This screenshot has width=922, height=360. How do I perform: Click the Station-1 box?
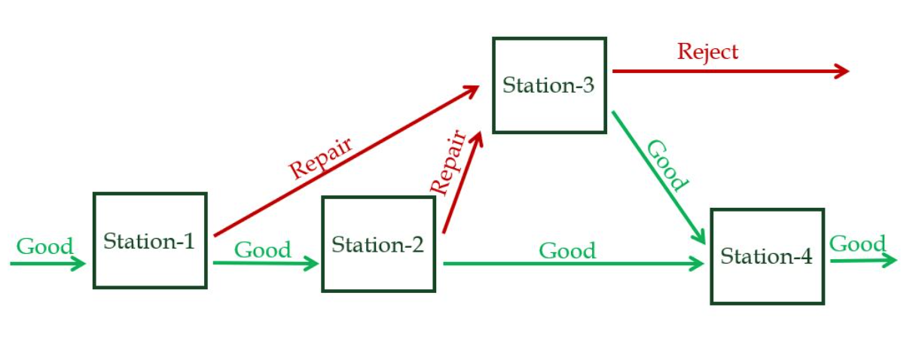tap(150, 240)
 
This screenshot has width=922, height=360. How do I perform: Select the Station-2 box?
tap(378, 244)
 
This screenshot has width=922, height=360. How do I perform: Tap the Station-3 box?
tap(549, 85)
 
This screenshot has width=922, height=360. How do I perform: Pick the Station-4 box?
tap(767, 256)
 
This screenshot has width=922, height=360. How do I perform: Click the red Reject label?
tap(707, 52)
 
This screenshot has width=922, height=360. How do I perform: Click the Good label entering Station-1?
tap(45, 246)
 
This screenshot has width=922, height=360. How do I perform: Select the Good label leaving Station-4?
tap(857, 244)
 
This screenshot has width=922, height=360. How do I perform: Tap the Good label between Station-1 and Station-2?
tap(263, 250)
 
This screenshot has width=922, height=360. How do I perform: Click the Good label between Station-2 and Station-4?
tap(567, 251)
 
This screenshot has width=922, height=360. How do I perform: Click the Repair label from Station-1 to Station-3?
tap(321, 157)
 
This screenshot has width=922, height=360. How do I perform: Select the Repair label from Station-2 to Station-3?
tap(448, 162)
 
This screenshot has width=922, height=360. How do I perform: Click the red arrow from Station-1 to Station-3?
tap(347, 160)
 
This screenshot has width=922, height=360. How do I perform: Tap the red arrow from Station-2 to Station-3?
tap(462, 183)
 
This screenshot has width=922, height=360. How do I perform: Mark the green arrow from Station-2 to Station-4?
tap(572, 264)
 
